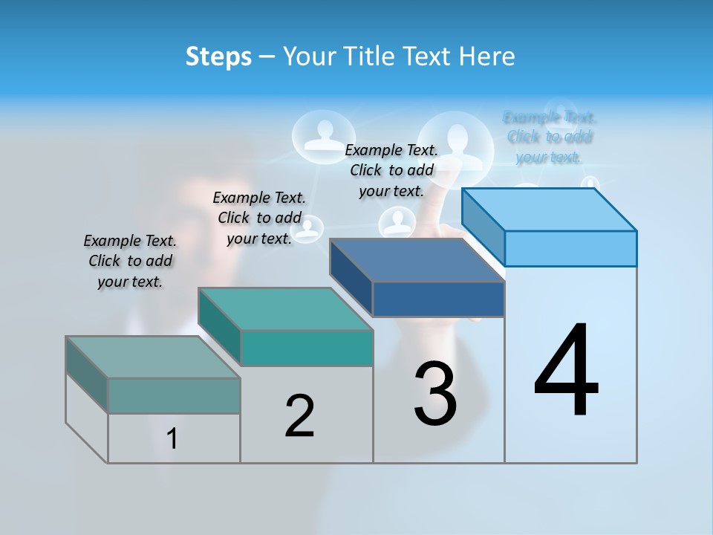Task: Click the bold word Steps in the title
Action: click(x=218, y=56)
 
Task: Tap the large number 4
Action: click(x=566, y=371)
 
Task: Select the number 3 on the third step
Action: click(x=435, y=394)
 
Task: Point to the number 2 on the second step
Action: click(x=299, y=416)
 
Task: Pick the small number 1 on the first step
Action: click(x=172, y=439)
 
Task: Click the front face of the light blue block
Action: click(x=570, y=248)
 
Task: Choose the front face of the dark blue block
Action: click(x=438, y=299)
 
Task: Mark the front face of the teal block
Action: click(x=306, y=348)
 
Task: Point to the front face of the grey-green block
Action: click(x=174, y=395)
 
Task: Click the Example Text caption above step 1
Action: click(x=130, y=261)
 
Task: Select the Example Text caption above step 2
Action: click(x=259, y=218)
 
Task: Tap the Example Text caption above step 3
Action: click(x=391, y=170)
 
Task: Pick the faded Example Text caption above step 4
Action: click(x=550, y=137)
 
